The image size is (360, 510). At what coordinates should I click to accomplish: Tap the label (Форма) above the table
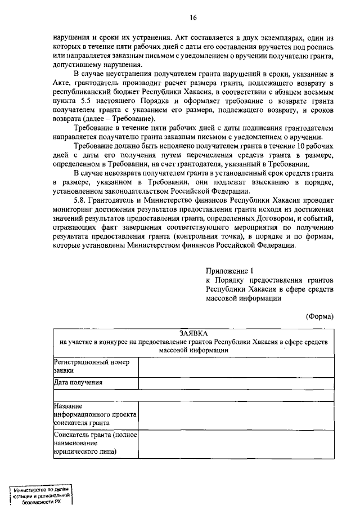tap(320, 316)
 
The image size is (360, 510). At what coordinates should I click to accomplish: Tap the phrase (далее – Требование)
tap(107, 120)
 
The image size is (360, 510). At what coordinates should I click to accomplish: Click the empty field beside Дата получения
tap(236, 383)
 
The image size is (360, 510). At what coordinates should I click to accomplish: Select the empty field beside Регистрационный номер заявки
tap(236, 366)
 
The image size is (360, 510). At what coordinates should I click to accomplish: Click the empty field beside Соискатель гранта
tap(236, 444)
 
